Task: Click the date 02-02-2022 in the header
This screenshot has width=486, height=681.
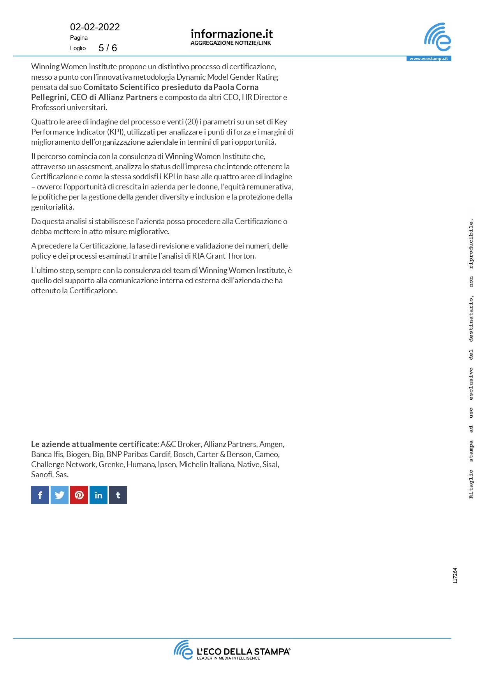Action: (95, 27)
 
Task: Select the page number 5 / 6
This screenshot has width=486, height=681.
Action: (107, 48)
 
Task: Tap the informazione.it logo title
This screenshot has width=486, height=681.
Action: (231, 34)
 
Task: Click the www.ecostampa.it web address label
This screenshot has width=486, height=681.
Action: (428, 59)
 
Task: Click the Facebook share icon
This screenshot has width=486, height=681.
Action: (40, 495)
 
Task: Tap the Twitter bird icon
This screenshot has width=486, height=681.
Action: (60, 495)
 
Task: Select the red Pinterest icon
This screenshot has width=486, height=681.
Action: (79, 495)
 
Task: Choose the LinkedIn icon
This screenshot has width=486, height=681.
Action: (99, 495)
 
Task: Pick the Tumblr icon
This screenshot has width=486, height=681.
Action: (118, 495)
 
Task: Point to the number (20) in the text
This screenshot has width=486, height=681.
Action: (192, 122)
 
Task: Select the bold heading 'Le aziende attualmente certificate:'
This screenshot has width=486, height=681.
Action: (95, 444)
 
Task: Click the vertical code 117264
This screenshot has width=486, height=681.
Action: (455, 576)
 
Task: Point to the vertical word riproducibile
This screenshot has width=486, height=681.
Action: (471, 243)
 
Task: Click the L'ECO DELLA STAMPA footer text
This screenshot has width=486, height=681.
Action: (243, 651)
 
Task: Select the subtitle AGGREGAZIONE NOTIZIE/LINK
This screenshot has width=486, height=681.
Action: (231, 43)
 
